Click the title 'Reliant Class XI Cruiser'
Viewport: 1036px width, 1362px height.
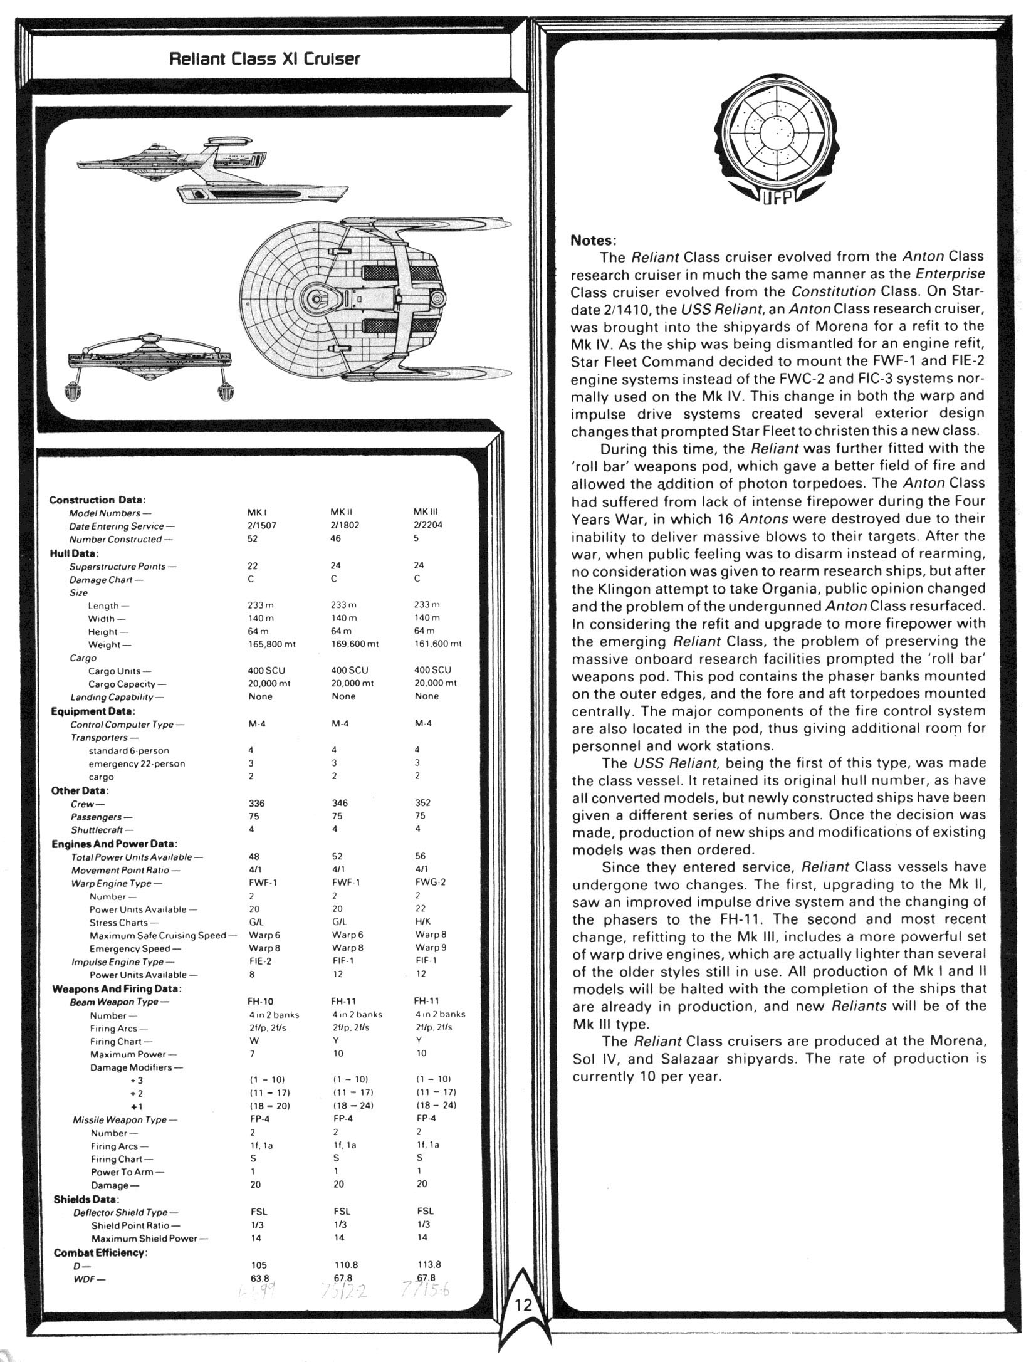pyautogui.click(x=265, y=60)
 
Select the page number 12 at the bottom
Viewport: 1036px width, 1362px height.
pyautogui.click(x=523, y=1323)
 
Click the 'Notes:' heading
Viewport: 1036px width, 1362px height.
pyautogui.click(x=594, y=240)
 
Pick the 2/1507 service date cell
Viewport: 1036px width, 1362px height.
pyautogui.click(x=262, y=525)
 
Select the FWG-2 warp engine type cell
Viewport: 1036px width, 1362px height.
pyautogui.click(x=430, y=882)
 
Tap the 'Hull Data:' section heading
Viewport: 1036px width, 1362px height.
pyautogui.click(x=75, y=553)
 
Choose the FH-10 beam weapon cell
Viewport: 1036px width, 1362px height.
pyautogui.click(x=261, y=1001)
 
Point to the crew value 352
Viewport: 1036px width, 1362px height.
pyautogui.click(x=423, y=802)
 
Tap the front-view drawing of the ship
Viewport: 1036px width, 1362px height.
pyautogui.click(x=150, y=370)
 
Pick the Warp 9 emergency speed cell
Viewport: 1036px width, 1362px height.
pyautogui.click(x=431, y=947)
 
